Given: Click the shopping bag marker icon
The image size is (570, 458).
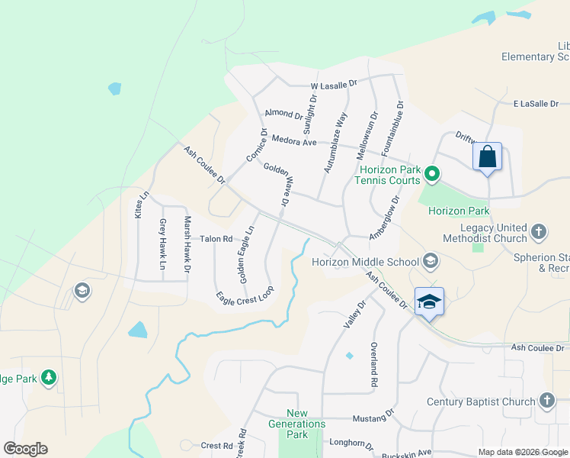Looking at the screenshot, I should pyautogui.click(x=488, y=158).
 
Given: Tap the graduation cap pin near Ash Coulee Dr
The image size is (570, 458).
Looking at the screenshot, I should pyautogui.click(x=429, y=302).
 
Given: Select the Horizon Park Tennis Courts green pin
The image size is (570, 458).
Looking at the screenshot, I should pyautogui.click(x=432, y=175).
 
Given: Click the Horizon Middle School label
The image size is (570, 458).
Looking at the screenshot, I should pyautogui.click(x=365, y=262).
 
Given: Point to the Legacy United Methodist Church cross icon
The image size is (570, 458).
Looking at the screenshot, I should pyautogui.click(x=539, y=231).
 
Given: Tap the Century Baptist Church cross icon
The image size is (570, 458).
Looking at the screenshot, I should pyautogui.click(x=546, y=401).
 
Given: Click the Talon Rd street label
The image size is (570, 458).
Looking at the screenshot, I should pyautogui.click(x=216, y=239).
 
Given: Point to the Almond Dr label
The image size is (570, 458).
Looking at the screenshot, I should pyautogui.click(x=283, y=114).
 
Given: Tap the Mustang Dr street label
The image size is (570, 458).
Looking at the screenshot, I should pyautogui.click(x=373, y=419).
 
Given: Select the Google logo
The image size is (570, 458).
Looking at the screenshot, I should pyautogui.click(x=25, y=449).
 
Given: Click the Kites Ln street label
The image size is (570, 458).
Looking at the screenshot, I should pyautogui.click(x=139, y=205).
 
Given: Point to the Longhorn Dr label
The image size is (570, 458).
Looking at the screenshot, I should pyautogui.click(x=351, y=443).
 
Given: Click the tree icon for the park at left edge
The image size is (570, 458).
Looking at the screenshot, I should pyautogui.click(x=49, y=377).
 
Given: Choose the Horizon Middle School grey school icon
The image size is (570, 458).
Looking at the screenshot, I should pyautogui.click(x=431, y=262).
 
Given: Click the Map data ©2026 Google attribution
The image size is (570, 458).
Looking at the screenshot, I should pyautogui.click(x=523, y=452).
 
